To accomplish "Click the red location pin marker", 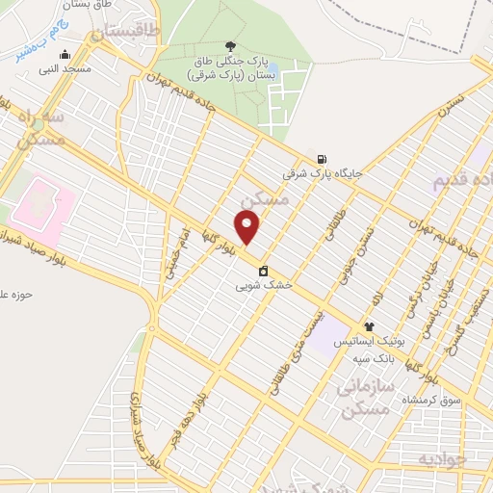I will coord(248,227).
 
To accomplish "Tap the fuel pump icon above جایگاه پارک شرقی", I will coord(322,160).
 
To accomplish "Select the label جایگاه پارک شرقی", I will coord(322,174).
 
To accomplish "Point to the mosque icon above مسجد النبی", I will coord(76,55).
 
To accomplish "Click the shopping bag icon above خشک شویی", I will coord(263,271).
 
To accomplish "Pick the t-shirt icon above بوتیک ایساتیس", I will coord(368,327).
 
